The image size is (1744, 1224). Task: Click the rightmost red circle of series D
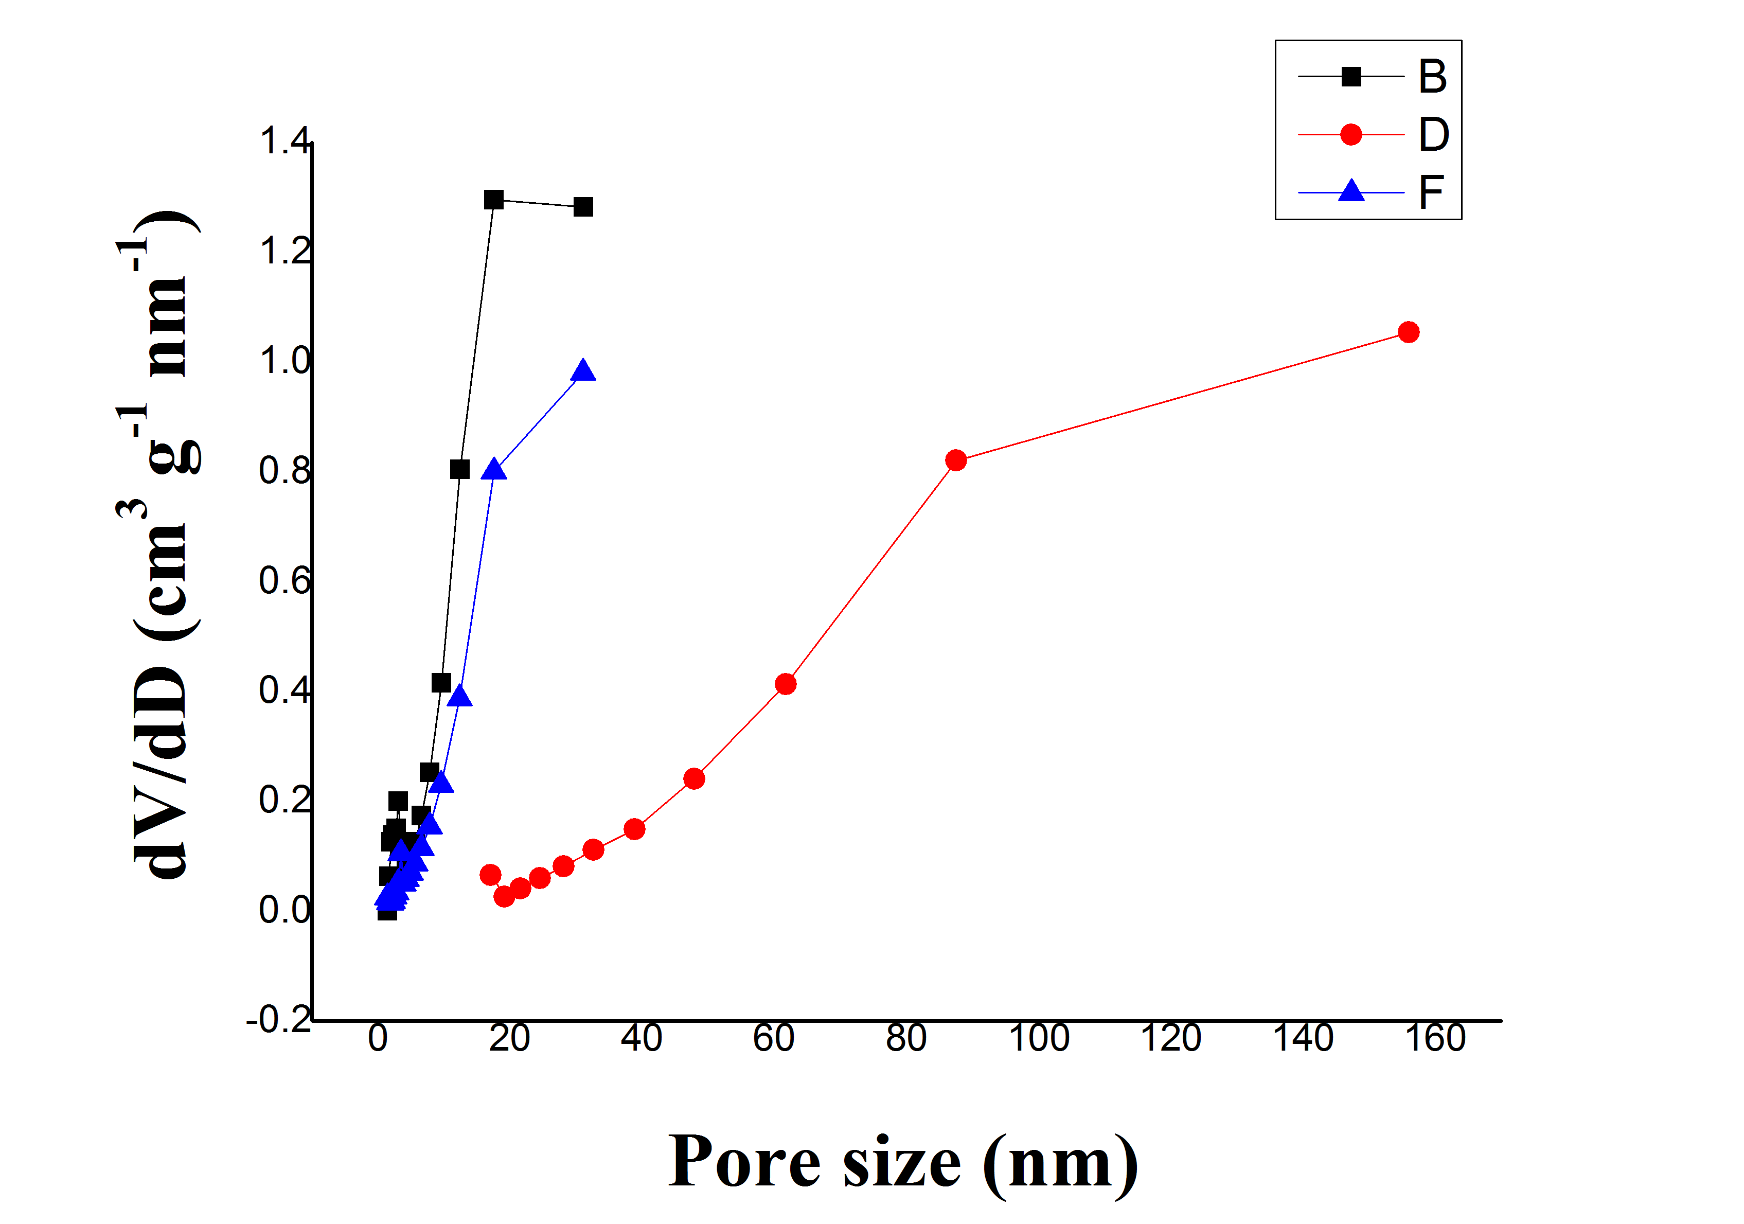pos(1408,332)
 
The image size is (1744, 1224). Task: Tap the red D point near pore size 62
pos(786,684)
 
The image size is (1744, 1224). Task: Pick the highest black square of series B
pos(494,200)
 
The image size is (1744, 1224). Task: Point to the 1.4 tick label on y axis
pos(285,141)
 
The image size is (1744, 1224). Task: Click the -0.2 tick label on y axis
pos(279,1019)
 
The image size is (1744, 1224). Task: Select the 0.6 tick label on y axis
pos(285,580)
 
